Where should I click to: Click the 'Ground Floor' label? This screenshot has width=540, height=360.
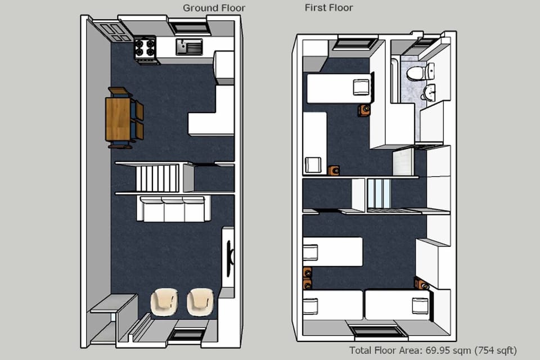(214, 8)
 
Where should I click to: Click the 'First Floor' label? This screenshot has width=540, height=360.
(328, 8)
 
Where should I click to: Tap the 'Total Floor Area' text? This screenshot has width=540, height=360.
(433, 350)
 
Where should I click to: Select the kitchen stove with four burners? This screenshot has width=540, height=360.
(145, 48)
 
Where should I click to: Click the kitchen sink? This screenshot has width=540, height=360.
(188, 46)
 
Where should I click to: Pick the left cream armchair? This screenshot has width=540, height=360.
(165, 301)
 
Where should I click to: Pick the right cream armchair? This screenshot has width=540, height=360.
(200, 301)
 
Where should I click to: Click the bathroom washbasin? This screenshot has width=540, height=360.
(429, 93)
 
